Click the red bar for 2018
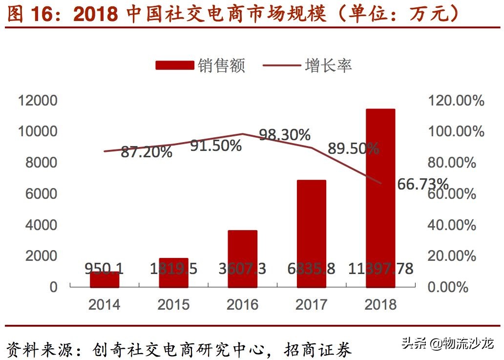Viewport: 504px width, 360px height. pos(380,195)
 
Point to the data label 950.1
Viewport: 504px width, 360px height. pos(104,269)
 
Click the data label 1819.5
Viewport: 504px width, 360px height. pos(174,269)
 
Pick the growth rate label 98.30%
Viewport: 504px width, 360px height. pos(285,135)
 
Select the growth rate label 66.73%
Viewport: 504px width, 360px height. pos(423,184)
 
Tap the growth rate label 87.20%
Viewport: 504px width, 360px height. pos(147,152)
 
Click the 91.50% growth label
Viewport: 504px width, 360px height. pos(216,145)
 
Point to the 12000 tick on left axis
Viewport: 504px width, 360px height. pos(38,101)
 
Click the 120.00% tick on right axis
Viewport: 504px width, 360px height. pos(456,101)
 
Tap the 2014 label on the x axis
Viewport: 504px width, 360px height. pos(104,304)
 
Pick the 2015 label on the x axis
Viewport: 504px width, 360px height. pos(173,304)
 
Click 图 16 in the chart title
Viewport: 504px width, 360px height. pos(29,14)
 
